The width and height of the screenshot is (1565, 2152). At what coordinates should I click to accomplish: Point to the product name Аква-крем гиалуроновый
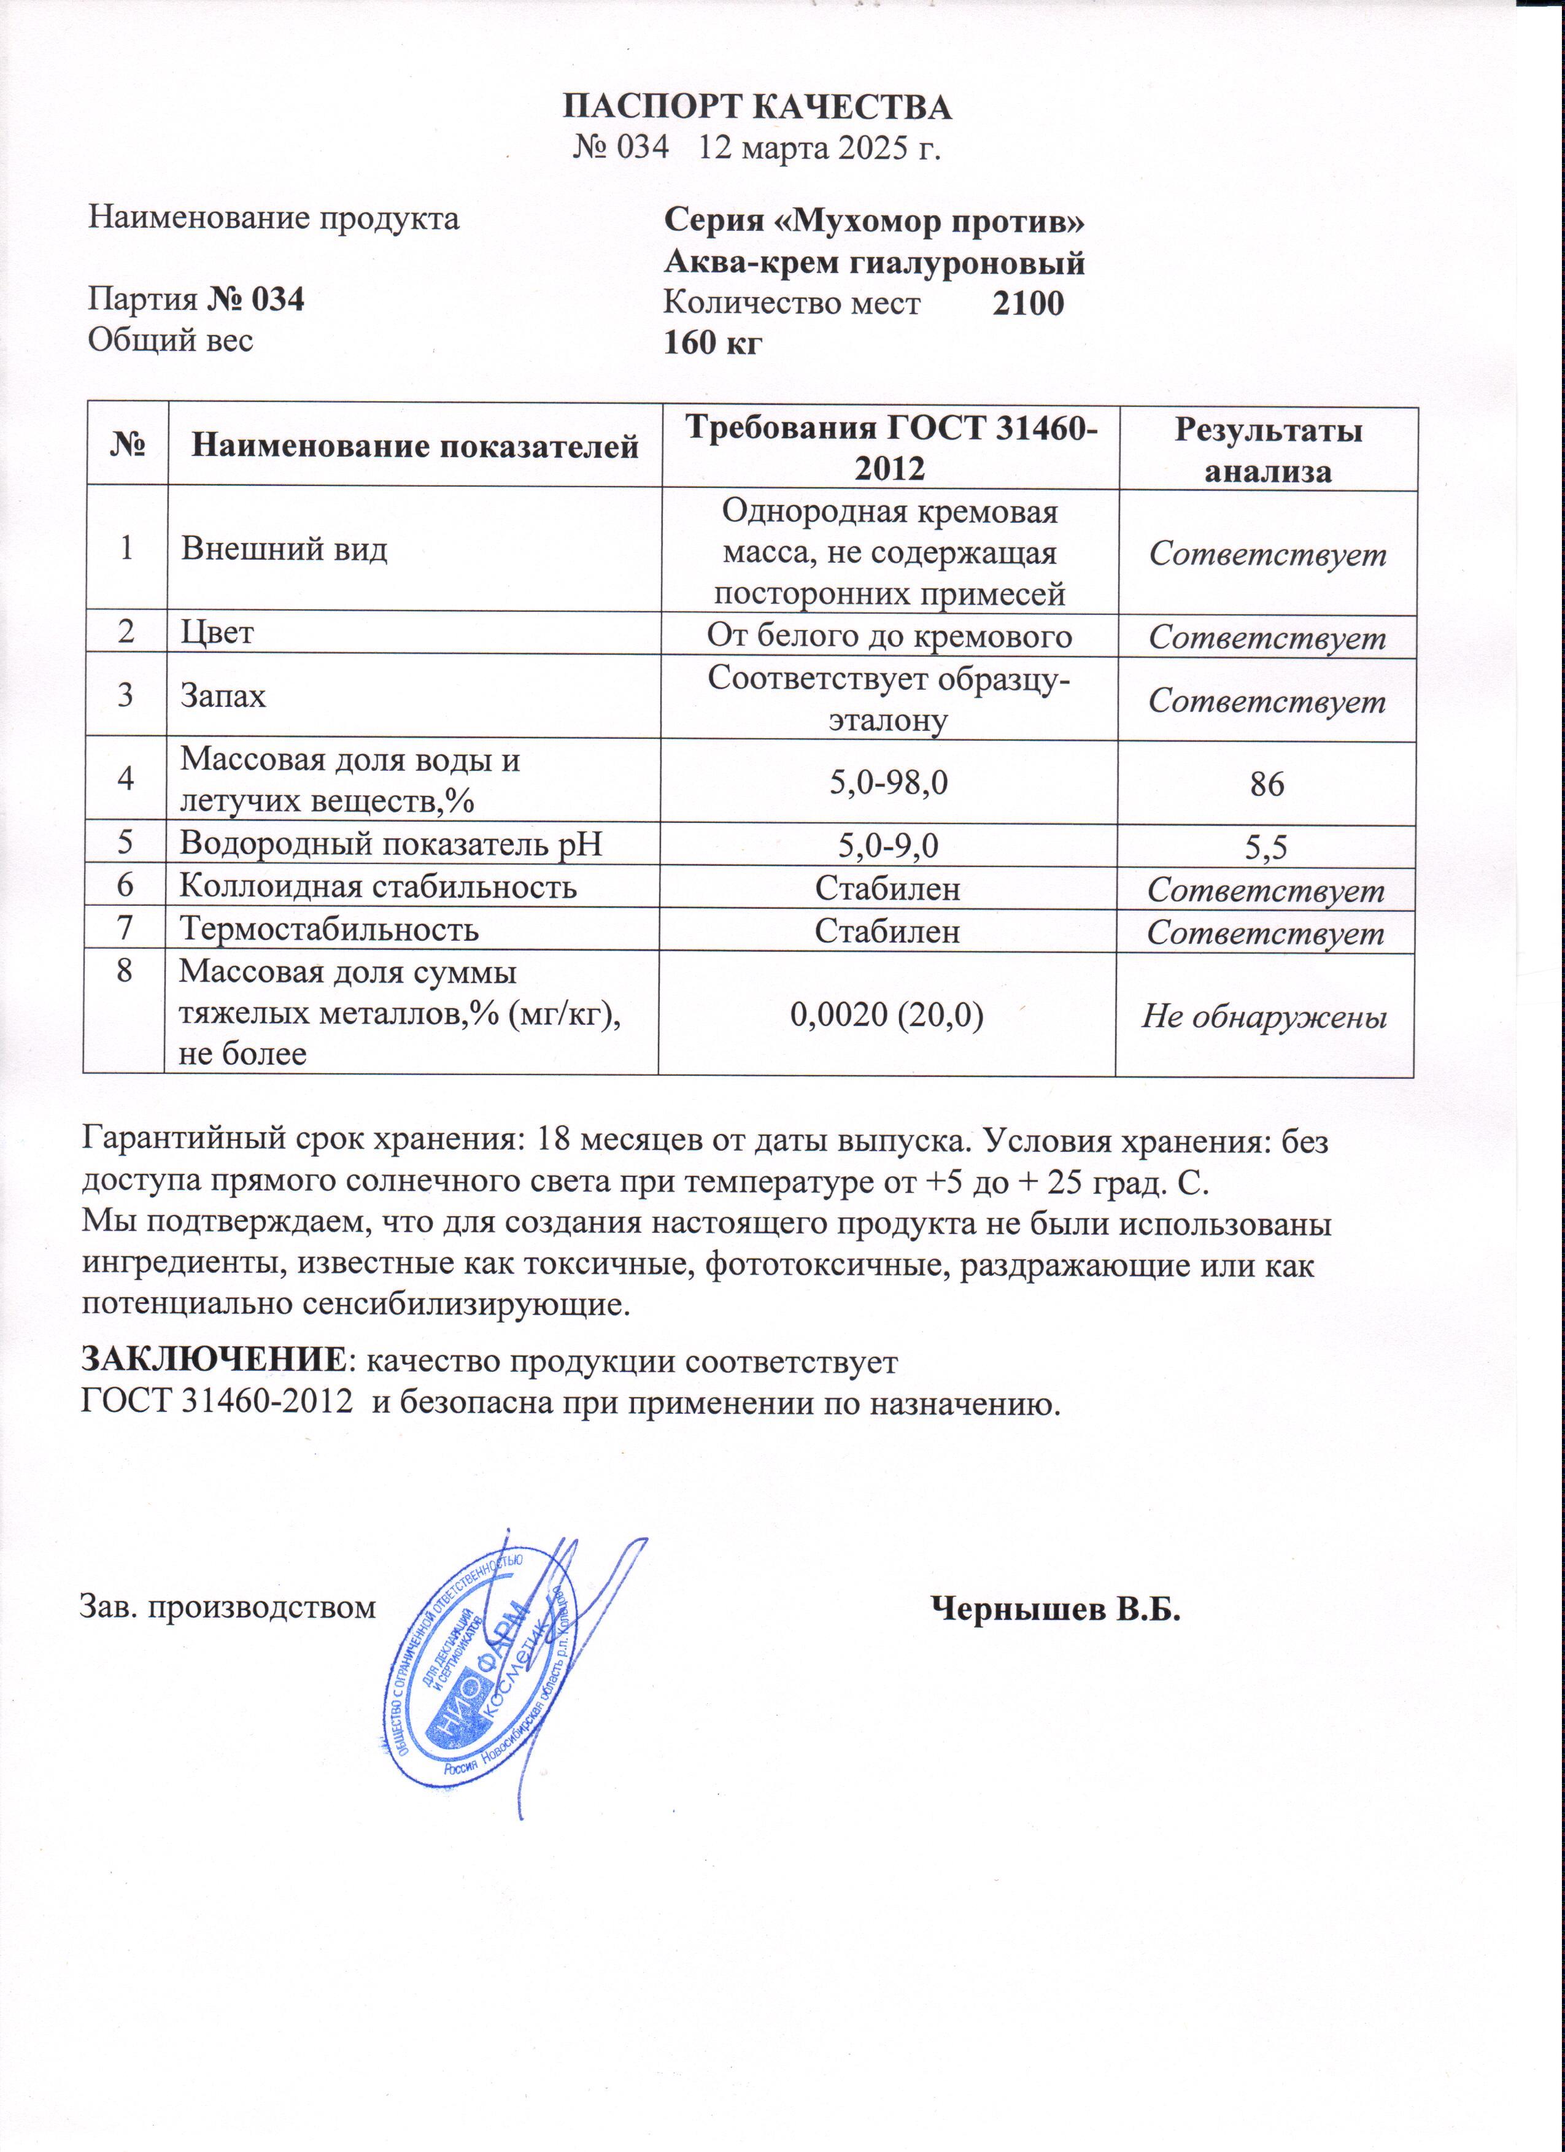click(x=873, y=263)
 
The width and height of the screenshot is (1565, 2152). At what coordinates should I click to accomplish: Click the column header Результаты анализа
click(x=1268, y=450)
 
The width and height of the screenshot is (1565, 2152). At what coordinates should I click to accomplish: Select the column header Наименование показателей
click(x=415, y=446)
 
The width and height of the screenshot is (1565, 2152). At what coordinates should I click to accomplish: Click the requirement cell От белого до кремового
click(x=889, y=634)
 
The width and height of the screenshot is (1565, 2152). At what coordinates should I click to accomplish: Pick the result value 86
click(x=1267, y=784)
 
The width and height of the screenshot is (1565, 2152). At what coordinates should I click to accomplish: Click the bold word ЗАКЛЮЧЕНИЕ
click(x=214, y=1360)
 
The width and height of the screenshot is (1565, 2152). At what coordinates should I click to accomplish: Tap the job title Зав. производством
click(x=228, y=1606)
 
